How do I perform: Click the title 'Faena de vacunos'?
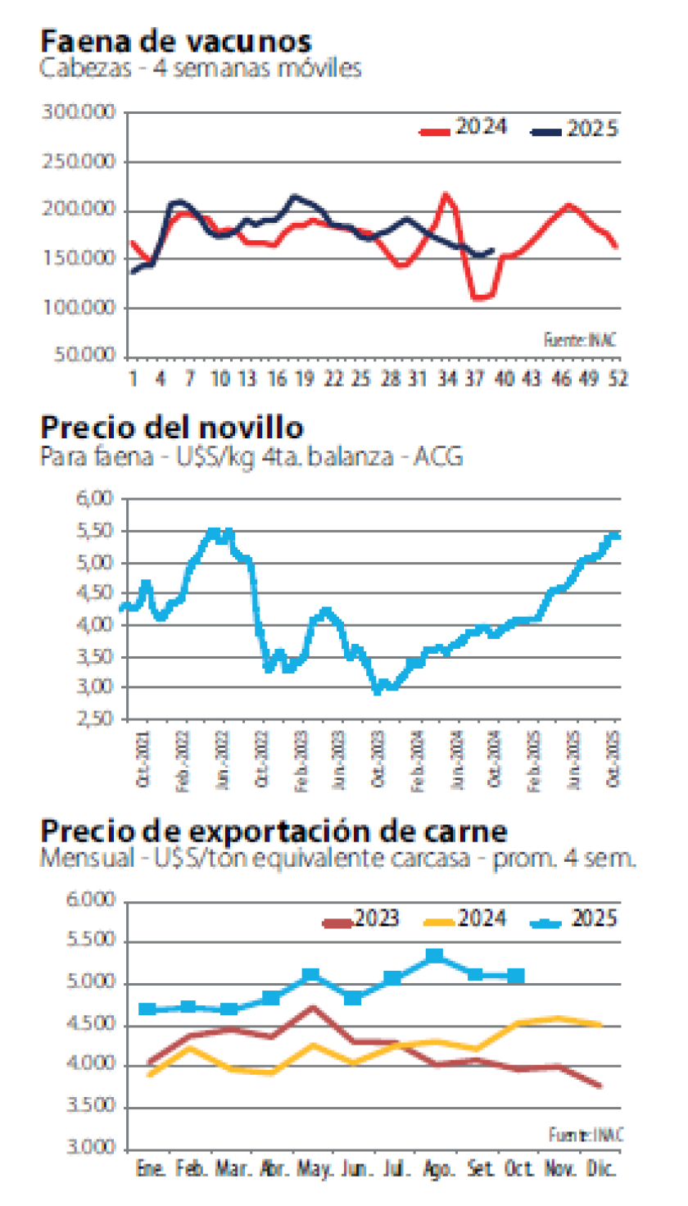175,41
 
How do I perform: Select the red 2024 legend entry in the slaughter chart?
463,128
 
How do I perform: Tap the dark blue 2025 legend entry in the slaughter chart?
573,129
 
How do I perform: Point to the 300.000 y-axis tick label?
80,113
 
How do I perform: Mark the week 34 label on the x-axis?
446,379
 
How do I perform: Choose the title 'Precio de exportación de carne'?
274,831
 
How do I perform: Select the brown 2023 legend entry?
360,918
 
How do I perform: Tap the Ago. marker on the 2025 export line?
435,955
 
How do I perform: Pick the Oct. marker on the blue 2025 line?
516,976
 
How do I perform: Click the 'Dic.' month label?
600,1167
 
